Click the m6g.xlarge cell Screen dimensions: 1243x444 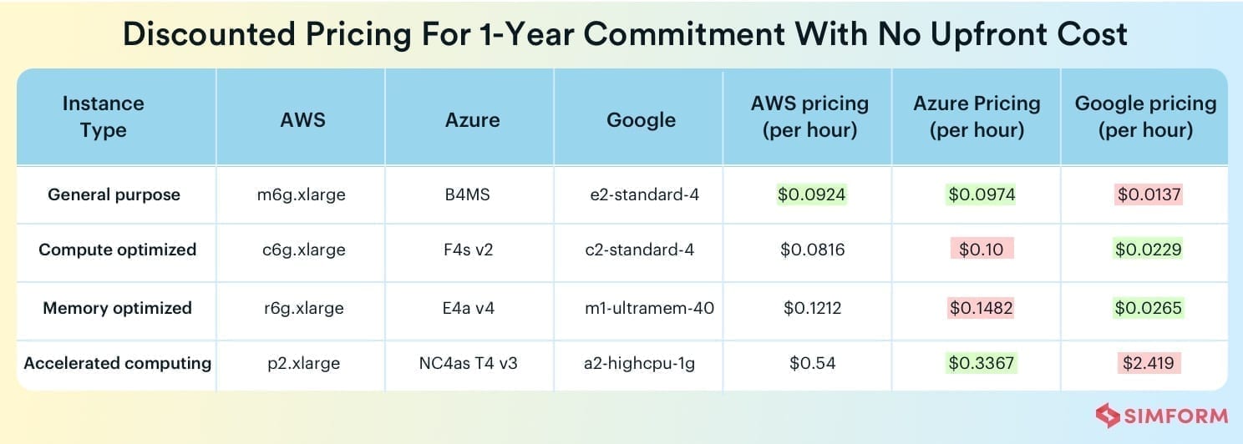tap(302, 194)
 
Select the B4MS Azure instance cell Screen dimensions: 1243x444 tap(467, 194)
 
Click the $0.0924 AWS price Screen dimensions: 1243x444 tap(811, 194)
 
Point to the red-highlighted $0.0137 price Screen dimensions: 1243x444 tap(1149, 194)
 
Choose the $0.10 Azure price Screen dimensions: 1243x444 tap(981, 249)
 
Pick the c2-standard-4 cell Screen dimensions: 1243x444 tap(639, 250)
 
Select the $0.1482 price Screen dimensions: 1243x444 tap(981, 308)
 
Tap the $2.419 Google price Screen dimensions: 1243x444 tap(1148, 363)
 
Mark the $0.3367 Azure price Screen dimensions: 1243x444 tap(981, 363)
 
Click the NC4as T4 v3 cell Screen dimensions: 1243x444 tap(468, 363)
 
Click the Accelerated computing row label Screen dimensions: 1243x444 tap(117, 363)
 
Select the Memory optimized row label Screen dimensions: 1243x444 tap(117, 308)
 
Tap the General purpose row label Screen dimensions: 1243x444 tap(114, 194)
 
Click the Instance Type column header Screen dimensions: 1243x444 tap(104, 116)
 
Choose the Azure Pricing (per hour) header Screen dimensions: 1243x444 tap(977, 116)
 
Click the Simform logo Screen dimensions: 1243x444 tap(1162, 416)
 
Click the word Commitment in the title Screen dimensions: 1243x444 tap(683, 34)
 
